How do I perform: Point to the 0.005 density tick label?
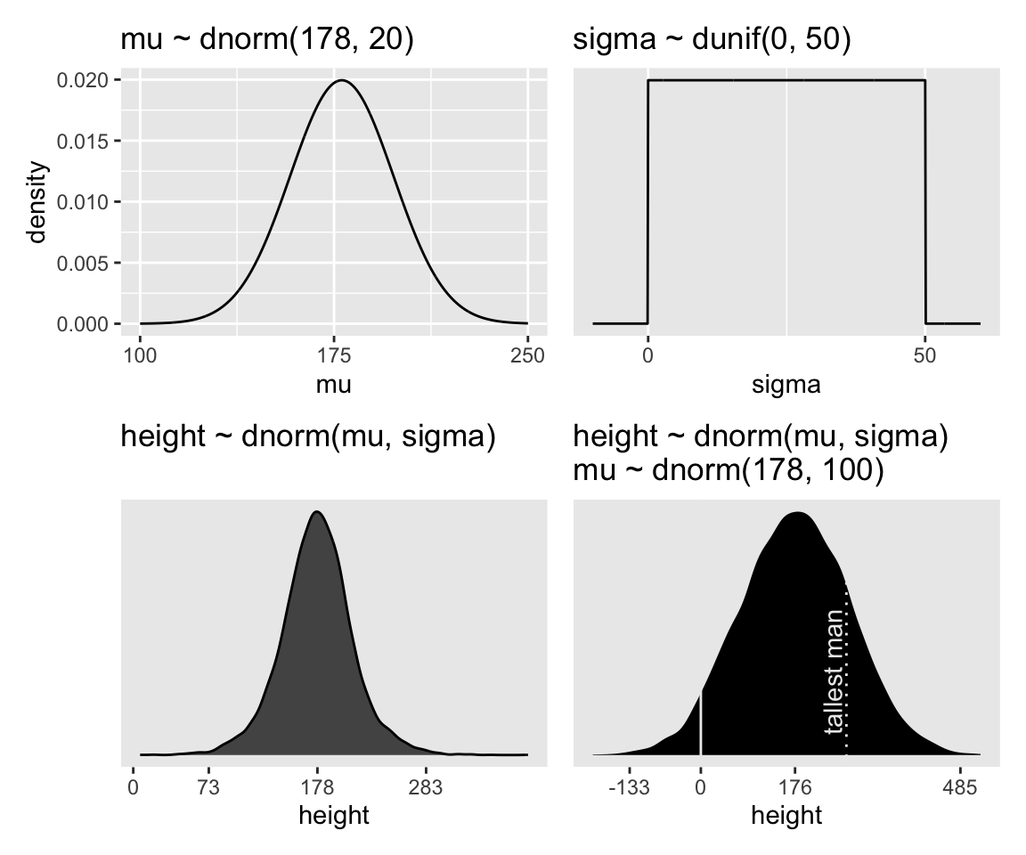(86, 264)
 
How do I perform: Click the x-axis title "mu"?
(333, 385)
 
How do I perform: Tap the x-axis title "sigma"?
(786, 385)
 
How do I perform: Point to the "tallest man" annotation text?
(835, 672)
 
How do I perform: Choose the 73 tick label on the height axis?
(209, 787)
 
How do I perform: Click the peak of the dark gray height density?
(316, 512)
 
